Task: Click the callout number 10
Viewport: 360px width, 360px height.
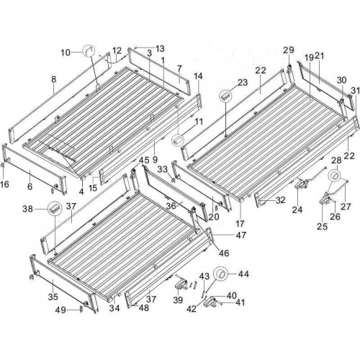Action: (x=66, y=53)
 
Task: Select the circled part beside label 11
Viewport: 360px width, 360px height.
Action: (x=178, y=140)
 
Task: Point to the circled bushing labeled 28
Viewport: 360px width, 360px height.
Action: (x=335, y=176)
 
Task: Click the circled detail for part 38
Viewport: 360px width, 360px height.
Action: (x=55, y=208)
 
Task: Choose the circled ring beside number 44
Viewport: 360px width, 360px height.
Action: (x=222, y=274)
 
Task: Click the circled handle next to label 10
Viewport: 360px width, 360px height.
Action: (x=89, y=51)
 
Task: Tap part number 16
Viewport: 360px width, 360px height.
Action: (x=5, y=184)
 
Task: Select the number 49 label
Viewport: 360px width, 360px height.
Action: (x=60, y=310)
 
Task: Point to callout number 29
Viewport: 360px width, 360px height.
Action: (x=289, y=50)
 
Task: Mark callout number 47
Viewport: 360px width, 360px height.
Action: (x=240, y=235)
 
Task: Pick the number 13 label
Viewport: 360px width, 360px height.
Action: (x=160, y=49)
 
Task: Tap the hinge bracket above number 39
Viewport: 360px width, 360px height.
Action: (x=181, y=284)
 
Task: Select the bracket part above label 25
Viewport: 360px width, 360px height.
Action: (x=326, y=199)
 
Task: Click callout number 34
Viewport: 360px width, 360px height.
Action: (x=114, y=308)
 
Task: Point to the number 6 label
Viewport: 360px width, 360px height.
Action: (x=30, y=186)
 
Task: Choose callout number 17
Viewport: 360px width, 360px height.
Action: (x=240, y=224)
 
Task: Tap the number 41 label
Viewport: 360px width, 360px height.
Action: (x=240, y=302)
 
